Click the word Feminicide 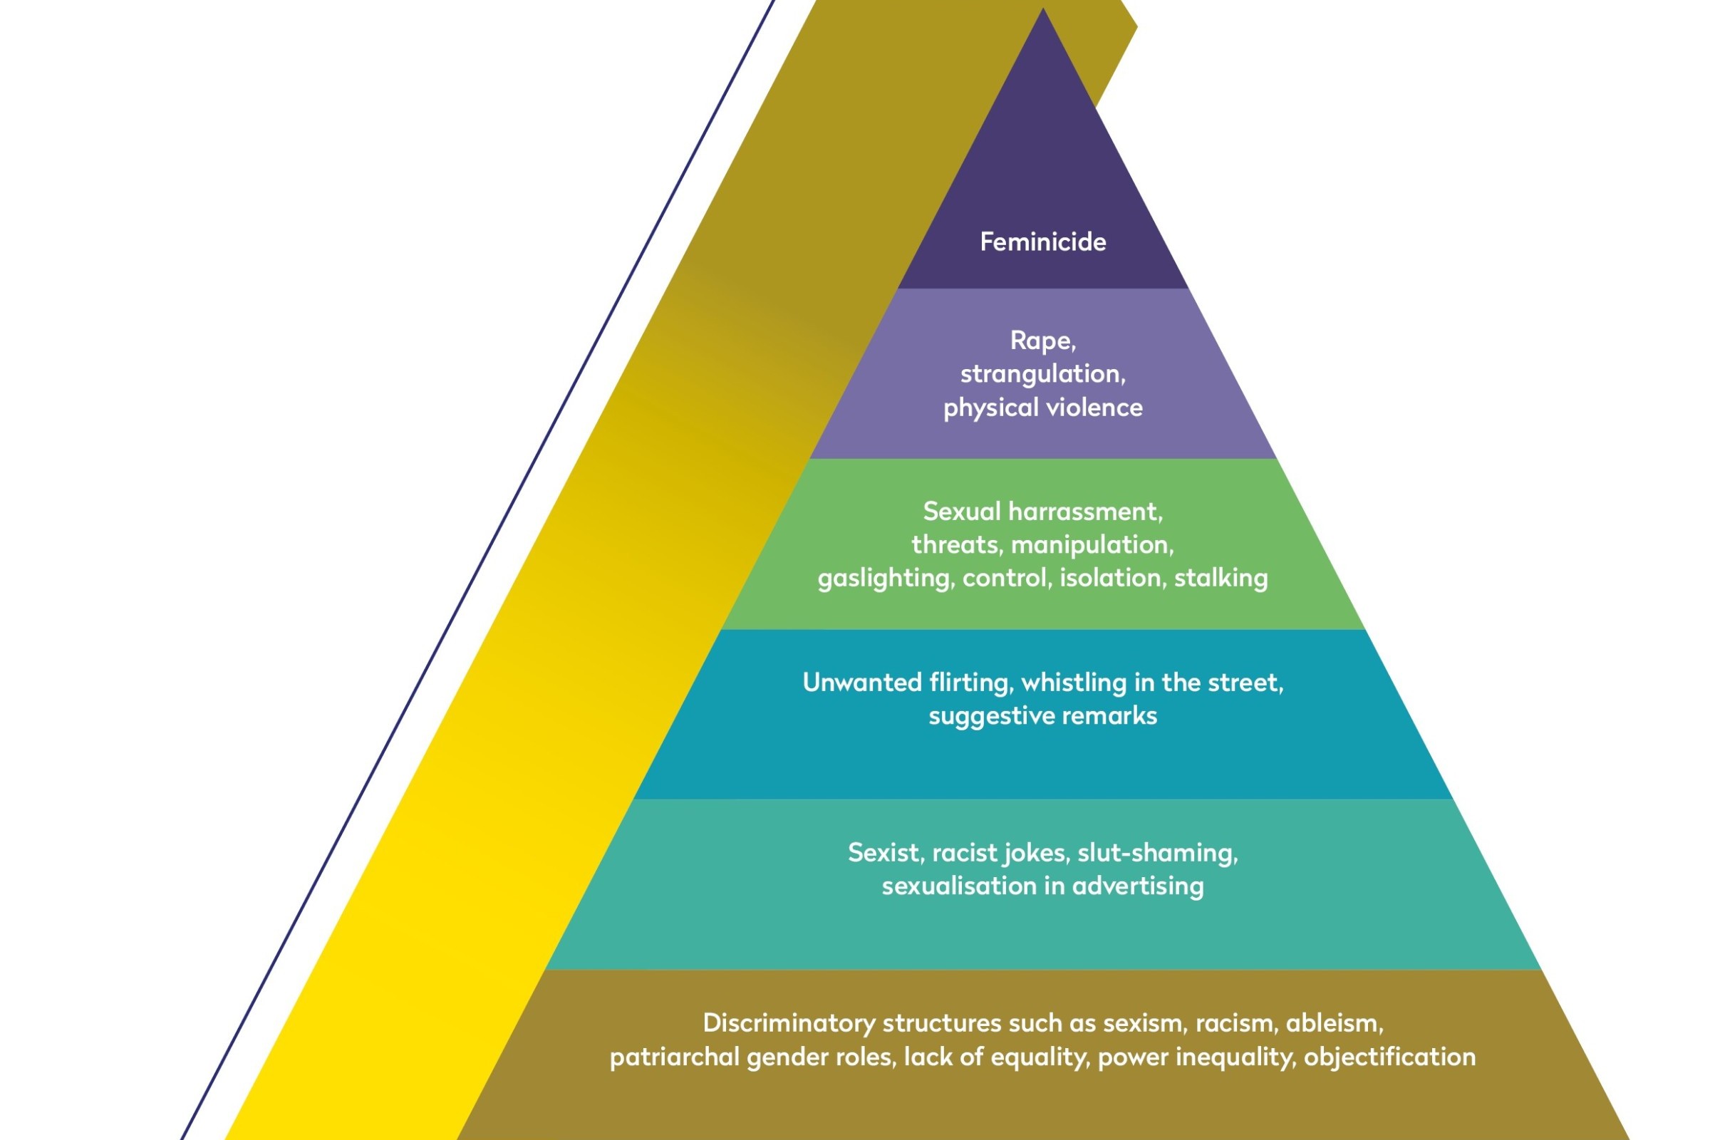[1042, 242]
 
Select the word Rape [1041, 341]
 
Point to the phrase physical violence [1042, 408]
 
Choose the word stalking [1221, 578]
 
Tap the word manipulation [1092, 544]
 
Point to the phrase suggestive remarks [1042, 716]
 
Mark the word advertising [1138, 886]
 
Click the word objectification [1389, 1057]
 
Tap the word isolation [1111, 578]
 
